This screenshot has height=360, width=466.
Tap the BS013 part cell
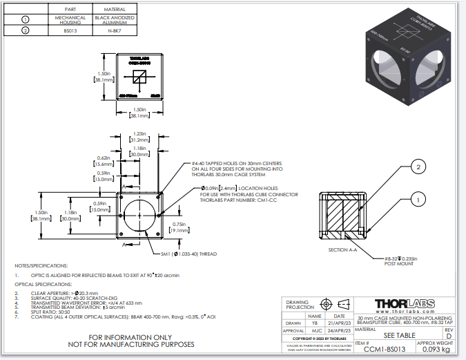click(x=70, y=30)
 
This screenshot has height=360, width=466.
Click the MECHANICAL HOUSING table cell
click(x=70, y=19)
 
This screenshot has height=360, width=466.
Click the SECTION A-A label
click(x=344, y=249)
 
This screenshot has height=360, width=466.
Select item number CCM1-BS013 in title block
click(x=385, y=350)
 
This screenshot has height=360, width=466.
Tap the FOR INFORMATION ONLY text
click(x=131, y=337)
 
